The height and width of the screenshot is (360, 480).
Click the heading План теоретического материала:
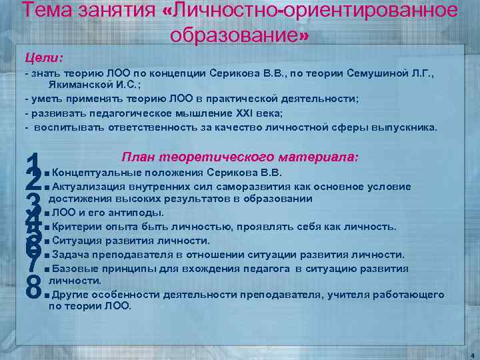[240, 158]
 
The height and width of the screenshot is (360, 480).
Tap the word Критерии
[75, 227]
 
